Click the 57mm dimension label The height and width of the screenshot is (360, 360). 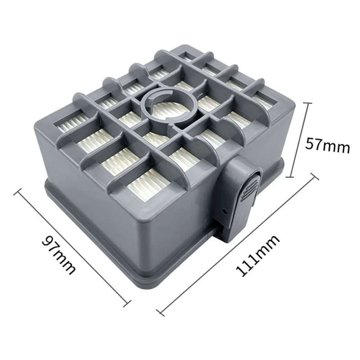[x=327, y=145]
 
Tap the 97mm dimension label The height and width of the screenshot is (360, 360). [x=59, y=255]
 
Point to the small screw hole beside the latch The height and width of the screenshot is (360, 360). [x=224, y=210]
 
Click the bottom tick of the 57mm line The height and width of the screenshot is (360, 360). [x=290, y=177]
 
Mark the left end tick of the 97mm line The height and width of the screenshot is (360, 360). [x=18, y=192]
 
